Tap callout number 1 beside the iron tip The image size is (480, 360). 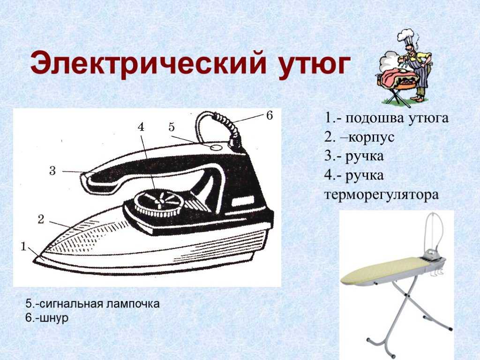[x=23, y=247]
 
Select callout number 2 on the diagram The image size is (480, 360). [x=41, y=219]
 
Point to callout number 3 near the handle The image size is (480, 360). [x=52, y=171]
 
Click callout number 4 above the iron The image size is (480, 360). [x=141, y=127]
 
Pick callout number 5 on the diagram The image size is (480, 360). [x=172, y=127]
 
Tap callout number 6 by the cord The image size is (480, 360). [x=270, y=116]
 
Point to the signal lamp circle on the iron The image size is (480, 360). [x=217, y=148]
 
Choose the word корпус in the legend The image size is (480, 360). [x=371, y=137]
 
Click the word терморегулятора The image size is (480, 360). [x=382, y=195]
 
